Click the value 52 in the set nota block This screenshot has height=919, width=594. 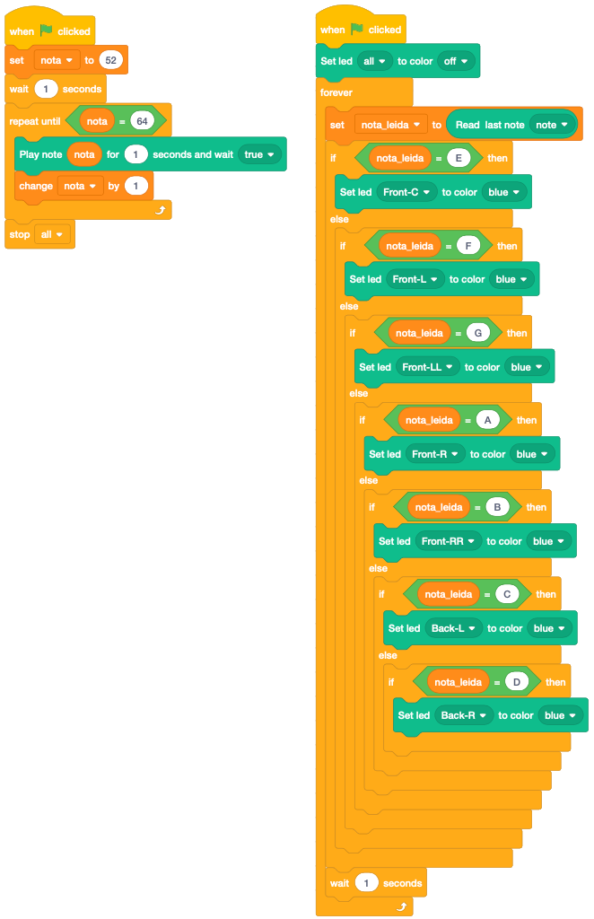click(111, 60)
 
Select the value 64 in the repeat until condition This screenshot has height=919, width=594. click(141, 120)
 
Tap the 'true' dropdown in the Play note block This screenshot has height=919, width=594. click(258, 154)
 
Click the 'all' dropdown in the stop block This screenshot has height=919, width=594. click(52, 234)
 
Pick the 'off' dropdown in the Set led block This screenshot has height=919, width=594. click(455, 61)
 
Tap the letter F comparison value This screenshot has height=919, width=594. click(465, 245)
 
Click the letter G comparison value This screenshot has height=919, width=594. click(478, 333)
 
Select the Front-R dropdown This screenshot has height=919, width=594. click(435, 454)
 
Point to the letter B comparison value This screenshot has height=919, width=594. click(495, 507)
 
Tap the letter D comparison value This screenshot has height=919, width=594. click(516, 682)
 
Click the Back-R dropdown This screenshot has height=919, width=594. click(464, 715)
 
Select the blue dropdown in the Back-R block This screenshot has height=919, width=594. click(560, 715)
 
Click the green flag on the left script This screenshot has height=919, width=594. click(47, 31)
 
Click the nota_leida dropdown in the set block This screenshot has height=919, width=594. click(390, 125)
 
